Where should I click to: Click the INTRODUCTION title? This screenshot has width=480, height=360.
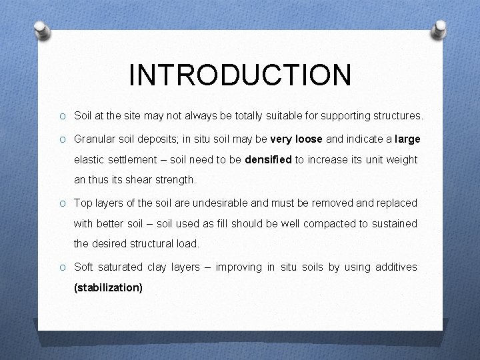(x=240, y=75)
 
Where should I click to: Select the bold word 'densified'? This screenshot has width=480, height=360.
(x=269, y=160)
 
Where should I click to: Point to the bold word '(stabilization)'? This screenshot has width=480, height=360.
(x=108, y=288)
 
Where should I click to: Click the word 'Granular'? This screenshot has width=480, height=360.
(x=94, y=139)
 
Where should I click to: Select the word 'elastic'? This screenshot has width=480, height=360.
(x=89, y=160)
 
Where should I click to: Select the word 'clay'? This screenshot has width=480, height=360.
(x=155, y=267)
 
